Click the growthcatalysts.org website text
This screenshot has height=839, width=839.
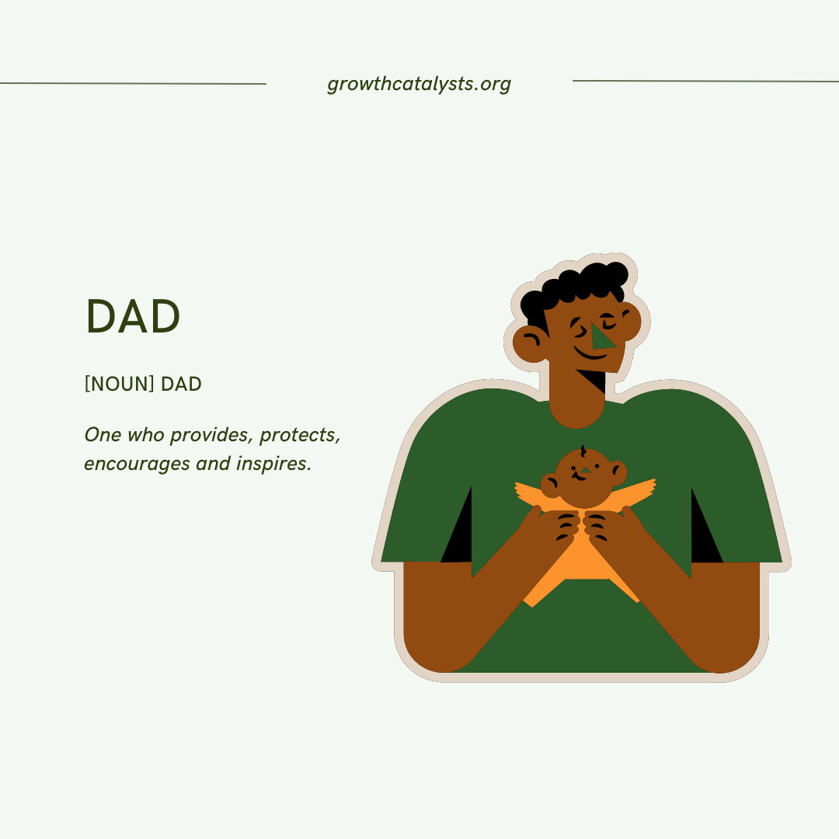coord(419,84)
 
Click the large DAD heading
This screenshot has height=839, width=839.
coord(133,317)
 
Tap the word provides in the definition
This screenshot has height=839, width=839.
coord(208,435)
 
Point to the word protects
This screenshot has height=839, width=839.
coord(300,435)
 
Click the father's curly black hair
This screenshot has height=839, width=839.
coord(579,284)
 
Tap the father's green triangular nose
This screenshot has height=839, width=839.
coord(601,337)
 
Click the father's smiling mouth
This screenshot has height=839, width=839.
coord(590,356)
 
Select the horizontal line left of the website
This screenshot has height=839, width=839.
coord(133,83)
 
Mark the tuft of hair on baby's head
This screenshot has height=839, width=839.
coord(583,451)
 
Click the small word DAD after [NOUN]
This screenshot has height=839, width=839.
coord(181,384)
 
